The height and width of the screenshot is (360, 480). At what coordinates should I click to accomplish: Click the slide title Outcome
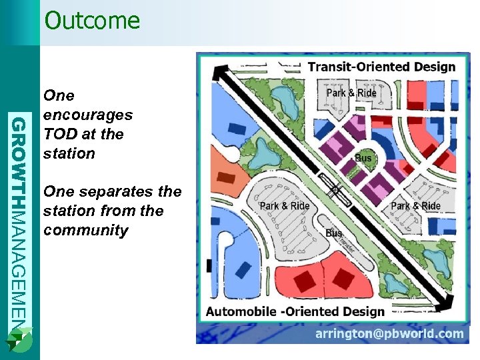pyautogui.click(x=92, y=20)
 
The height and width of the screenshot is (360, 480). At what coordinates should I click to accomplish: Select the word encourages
pyautogui.click(x=88, y=115)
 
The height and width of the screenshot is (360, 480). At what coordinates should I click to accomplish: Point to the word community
pyautogui.click(x=85, y=231)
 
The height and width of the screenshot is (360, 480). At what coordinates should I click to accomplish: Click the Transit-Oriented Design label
pyautogui.click(x=381, y=67)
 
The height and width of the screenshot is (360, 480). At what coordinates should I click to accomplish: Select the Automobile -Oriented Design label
pyautogui.click(x=295, y=311)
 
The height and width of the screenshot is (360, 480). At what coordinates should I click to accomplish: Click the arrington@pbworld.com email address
pyautogui.click(x=389, y=333)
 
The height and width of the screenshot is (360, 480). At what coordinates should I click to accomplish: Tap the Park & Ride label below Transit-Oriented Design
pyautogui.click(x=351, y=93)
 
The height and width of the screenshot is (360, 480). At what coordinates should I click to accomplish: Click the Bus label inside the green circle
pyautogui.click(x=363, y=159)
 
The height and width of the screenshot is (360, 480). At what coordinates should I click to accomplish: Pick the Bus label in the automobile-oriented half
pyautogui.click(x=333, y=233)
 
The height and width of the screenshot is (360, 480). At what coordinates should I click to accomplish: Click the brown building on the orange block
pyautogui.click(x=227, y=177)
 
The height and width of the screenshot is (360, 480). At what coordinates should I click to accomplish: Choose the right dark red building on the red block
pyautogui.click(x=343, y=275)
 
